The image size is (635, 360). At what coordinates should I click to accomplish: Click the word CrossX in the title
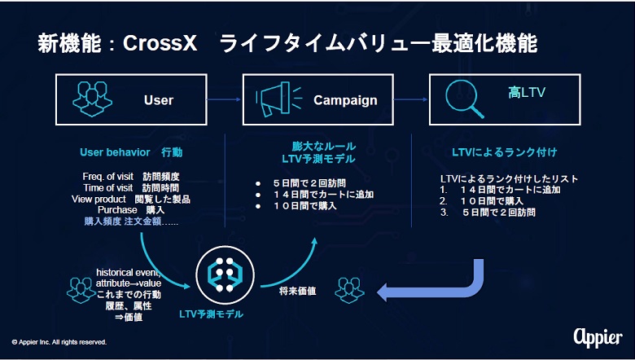(x=160, y=44)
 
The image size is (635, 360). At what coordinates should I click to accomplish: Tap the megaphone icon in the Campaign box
(x=279, y=99)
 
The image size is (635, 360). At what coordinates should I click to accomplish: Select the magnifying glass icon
(x=465, y=99)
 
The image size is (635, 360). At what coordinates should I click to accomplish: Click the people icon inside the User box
(x=92, y=99)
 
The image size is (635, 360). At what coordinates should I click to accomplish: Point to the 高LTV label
(x=527, y=93)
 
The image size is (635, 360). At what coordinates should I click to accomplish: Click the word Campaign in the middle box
(x=345, y=100)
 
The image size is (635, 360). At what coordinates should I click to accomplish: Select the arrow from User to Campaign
(x=225, y=99)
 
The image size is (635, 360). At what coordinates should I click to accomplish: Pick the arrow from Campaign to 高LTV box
(x=411, y=99)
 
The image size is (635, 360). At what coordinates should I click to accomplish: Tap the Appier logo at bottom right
(x=598, y=337)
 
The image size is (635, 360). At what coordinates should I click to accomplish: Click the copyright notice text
(x=59, y=342)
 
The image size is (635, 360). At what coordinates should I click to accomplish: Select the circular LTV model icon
(x=226, y=275)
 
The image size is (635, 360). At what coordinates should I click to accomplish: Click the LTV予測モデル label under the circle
(x=211, y=314)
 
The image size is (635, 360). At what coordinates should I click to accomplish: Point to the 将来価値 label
(x=298, y=291)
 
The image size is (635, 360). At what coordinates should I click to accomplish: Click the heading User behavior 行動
(x=131, y=152)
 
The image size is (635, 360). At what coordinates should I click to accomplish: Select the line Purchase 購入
(x=131, y=210)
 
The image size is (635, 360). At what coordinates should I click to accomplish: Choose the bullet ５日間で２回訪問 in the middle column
(x=309, y=183)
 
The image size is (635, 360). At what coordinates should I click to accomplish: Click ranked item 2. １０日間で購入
(x=481, y=201)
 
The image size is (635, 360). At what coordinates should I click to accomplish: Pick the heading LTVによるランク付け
(x=505, y=152)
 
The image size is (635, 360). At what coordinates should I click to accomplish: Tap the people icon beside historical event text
(x=81, y=290)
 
